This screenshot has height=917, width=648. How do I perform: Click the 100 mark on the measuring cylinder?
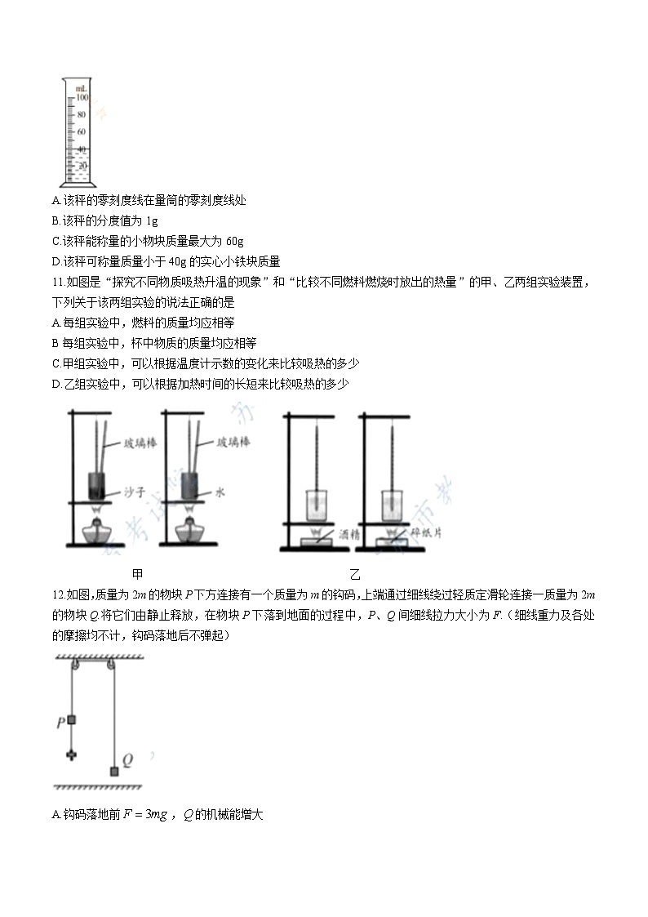[82, 96]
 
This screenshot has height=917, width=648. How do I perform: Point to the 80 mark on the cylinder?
[81, 114]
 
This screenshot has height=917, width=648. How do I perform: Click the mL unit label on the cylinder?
[82, 87]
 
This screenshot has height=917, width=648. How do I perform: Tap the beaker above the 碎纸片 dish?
[389, 504]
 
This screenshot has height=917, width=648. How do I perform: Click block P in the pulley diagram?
[72, 720]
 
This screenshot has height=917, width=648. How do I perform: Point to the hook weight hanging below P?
[72, 754]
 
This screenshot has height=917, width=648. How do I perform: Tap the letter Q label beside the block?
[127, 759]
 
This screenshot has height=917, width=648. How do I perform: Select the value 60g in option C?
[233, 241]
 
